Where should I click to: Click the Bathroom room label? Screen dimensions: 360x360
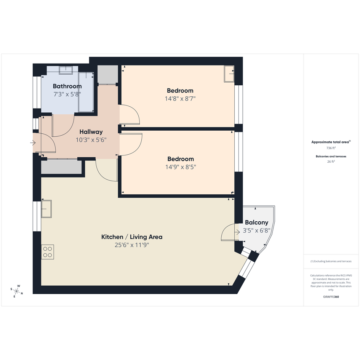(67, 86)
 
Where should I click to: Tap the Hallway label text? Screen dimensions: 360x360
(91, 132)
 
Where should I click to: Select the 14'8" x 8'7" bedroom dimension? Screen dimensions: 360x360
(180, 99)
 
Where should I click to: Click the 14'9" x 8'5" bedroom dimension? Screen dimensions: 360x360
(181, 167)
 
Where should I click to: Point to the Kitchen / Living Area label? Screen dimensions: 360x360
(132, 237)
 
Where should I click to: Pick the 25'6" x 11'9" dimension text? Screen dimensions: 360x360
(132, 245)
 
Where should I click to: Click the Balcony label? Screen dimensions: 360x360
(256, 222)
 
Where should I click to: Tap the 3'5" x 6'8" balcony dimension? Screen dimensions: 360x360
(256, 230)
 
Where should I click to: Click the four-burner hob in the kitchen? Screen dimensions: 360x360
(48, 252)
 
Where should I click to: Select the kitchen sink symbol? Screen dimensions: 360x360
(46, 209)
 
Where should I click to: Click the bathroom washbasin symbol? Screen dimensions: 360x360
(66, 70)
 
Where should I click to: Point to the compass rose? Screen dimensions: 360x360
(16, 291)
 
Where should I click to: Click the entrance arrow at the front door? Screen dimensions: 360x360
(33, 143)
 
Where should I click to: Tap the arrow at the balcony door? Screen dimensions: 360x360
(237, 232)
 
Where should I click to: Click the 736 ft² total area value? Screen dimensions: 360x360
(331, 148)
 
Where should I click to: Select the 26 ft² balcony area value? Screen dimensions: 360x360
(331, 162)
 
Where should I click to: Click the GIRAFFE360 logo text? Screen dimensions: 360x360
(331, 297)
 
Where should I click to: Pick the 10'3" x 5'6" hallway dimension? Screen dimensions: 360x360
(91, 140)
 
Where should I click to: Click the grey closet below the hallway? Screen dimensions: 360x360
(61, 167)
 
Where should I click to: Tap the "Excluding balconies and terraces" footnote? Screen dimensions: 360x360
(331, 261)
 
